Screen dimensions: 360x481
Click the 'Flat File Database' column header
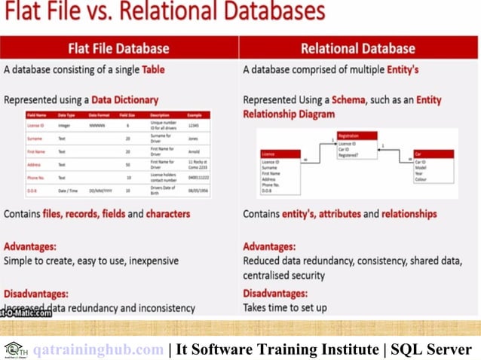point(119,48)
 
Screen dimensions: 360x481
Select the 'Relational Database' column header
point(358,48)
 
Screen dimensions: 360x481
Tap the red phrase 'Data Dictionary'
point(125,99)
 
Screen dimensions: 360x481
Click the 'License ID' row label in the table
point(35,125)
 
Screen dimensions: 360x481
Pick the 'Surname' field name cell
point(35,139)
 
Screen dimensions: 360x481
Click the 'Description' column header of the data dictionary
point(160,114)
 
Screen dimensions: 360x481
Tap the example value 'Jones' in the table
point(193,139)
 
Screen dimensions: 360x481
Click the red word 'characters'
point(168,214)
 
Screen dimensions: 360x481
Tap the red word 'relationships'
point(409,214)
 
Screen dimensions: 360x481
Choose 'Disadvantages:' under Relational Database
point(275,293)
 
